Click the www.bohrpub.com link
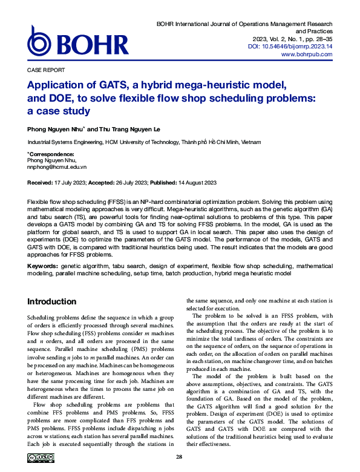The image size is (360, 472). (307, 54)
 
